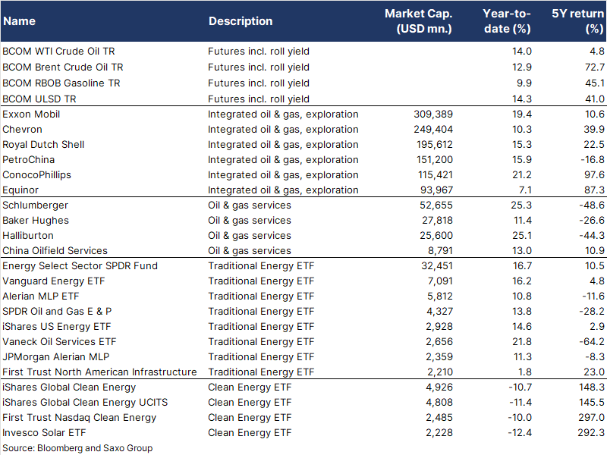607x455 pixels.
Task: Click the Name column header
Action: coord(20,21)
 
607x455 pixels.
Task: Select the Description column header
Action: coord(241,21)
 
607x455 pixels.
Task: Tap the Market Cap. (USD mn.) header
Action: coord(419,21)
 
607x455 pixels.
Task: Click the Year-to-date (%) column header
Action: coord(507,21)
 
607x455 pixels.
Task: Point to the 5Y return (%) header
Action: coord(577,21)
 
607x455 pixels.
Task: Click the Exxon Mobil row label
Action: coord(31,115)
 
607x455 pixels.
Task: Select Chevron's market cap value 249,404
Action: coord(433,129)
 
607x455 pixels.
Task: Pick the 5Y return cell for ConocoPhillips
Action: coord(594,175)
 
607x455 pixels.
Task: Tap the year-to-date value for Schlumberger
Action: coord(521,205)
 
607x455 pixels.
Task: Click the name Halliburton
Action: coord(28,235)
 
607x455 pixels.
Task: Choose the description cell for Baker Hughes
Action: coord(250,220)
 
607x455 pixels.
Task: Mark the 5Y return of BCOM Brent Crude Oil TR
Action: coord(595,67)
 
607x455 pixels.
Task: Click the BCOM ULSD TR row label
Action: coord(39,99)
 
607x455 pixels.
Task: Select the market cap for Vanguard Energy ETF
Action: coord(440,281)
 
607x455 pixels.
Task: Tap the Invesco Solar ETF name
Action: coord(44,432)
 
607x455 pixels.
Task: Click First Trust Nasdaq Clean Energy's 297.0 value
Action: coord(592,418)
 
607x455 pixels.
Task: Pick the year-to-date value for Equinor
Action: coord(525,190)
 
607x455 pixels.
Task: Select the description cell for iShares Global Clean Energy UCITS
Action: coord(250,403)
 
